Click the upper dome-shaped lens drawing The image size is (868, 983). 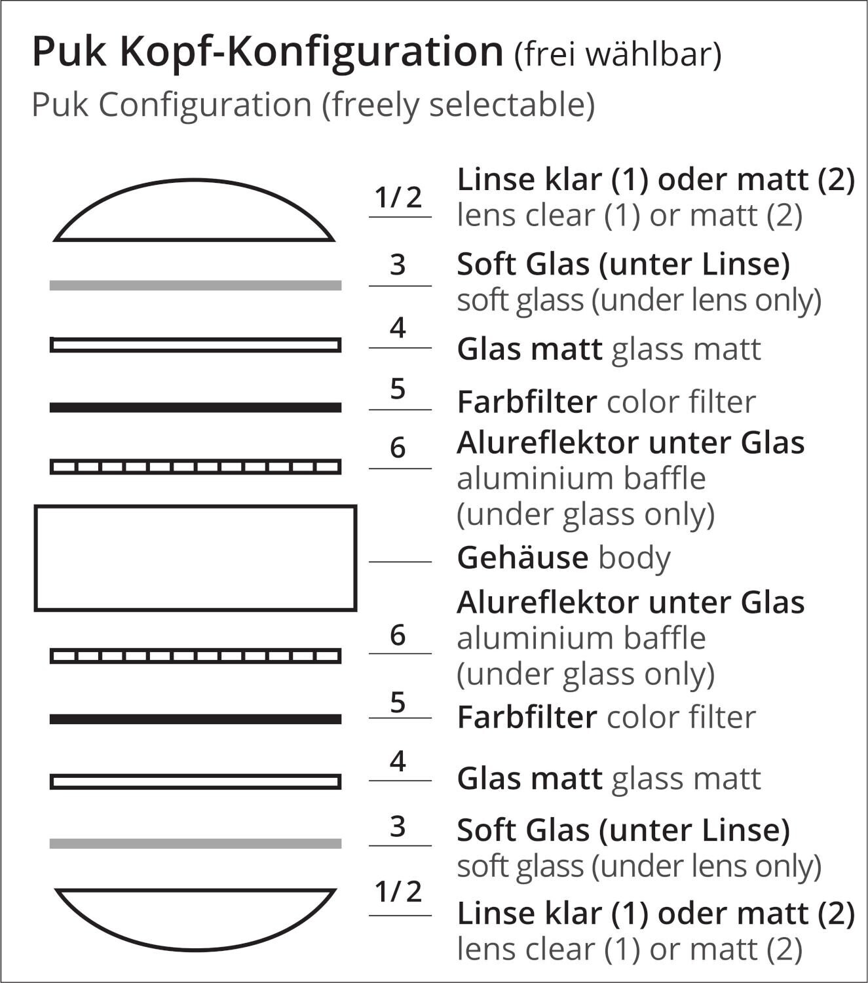195,213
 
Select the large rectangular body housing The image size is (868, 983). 195,558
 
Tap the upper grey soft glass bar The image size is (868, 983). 195,285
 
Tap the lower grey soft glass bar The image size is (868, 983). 195,843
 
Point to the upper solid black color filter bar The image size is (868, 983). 195,408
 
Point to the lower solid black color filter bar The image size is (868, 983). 195,719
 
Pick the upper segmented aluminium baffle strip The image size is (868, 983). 195,467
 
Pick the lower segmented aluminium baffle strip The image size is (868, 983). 195,656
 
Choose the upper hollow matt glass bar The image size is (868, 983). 195,345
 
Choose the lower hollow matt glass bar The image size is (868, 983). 195,782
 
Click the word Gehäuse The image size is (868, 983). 522,558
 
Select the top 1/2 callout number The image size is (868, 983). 398,197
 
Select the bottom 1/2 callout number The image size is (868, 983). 398,892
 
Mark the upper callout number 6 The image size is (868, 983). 398,448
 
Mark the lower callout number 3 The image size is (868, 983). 398,827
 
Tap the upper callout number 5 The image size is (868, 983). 398,389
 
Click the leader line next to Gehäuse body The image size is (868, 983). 400,562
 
